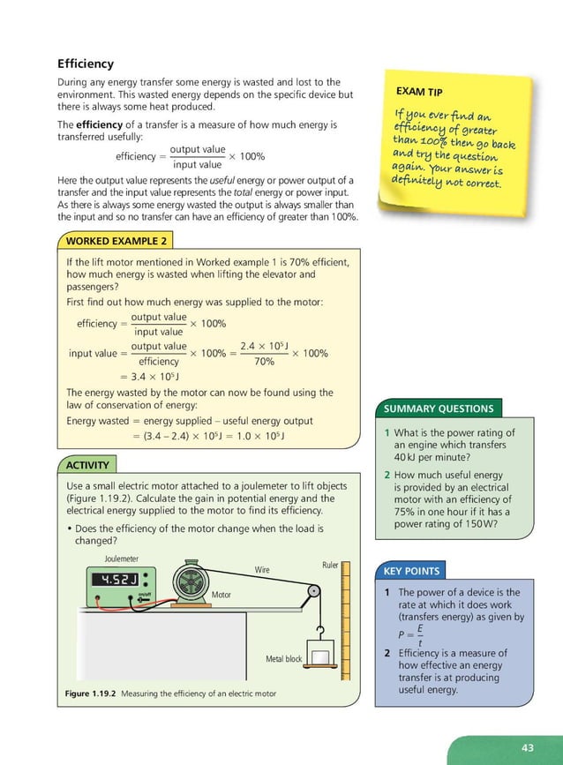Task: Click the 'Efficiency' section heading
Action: [x=86, y=64]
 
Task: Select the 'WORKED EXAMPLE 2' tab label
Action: [x=114, y=240]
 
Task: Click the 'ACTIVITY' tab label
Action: [x=88, y=465]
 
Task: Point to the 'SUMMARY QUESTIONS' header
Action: [x=439, y=409]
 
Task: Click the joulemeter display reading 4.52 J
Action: [x=114, y=580]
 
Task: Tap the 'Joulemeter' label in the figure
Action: [x=121, y=559]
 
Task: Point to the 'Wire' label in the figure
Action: [x=262, y=571]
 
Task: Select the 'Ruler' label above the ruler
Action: [x=330, y=565]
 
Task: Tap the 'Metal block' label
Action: [x=283, y=659]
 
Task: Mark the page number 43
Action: [x=528, y=747]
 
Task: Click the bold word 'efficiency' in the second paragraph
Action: [x=101, y=125]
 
